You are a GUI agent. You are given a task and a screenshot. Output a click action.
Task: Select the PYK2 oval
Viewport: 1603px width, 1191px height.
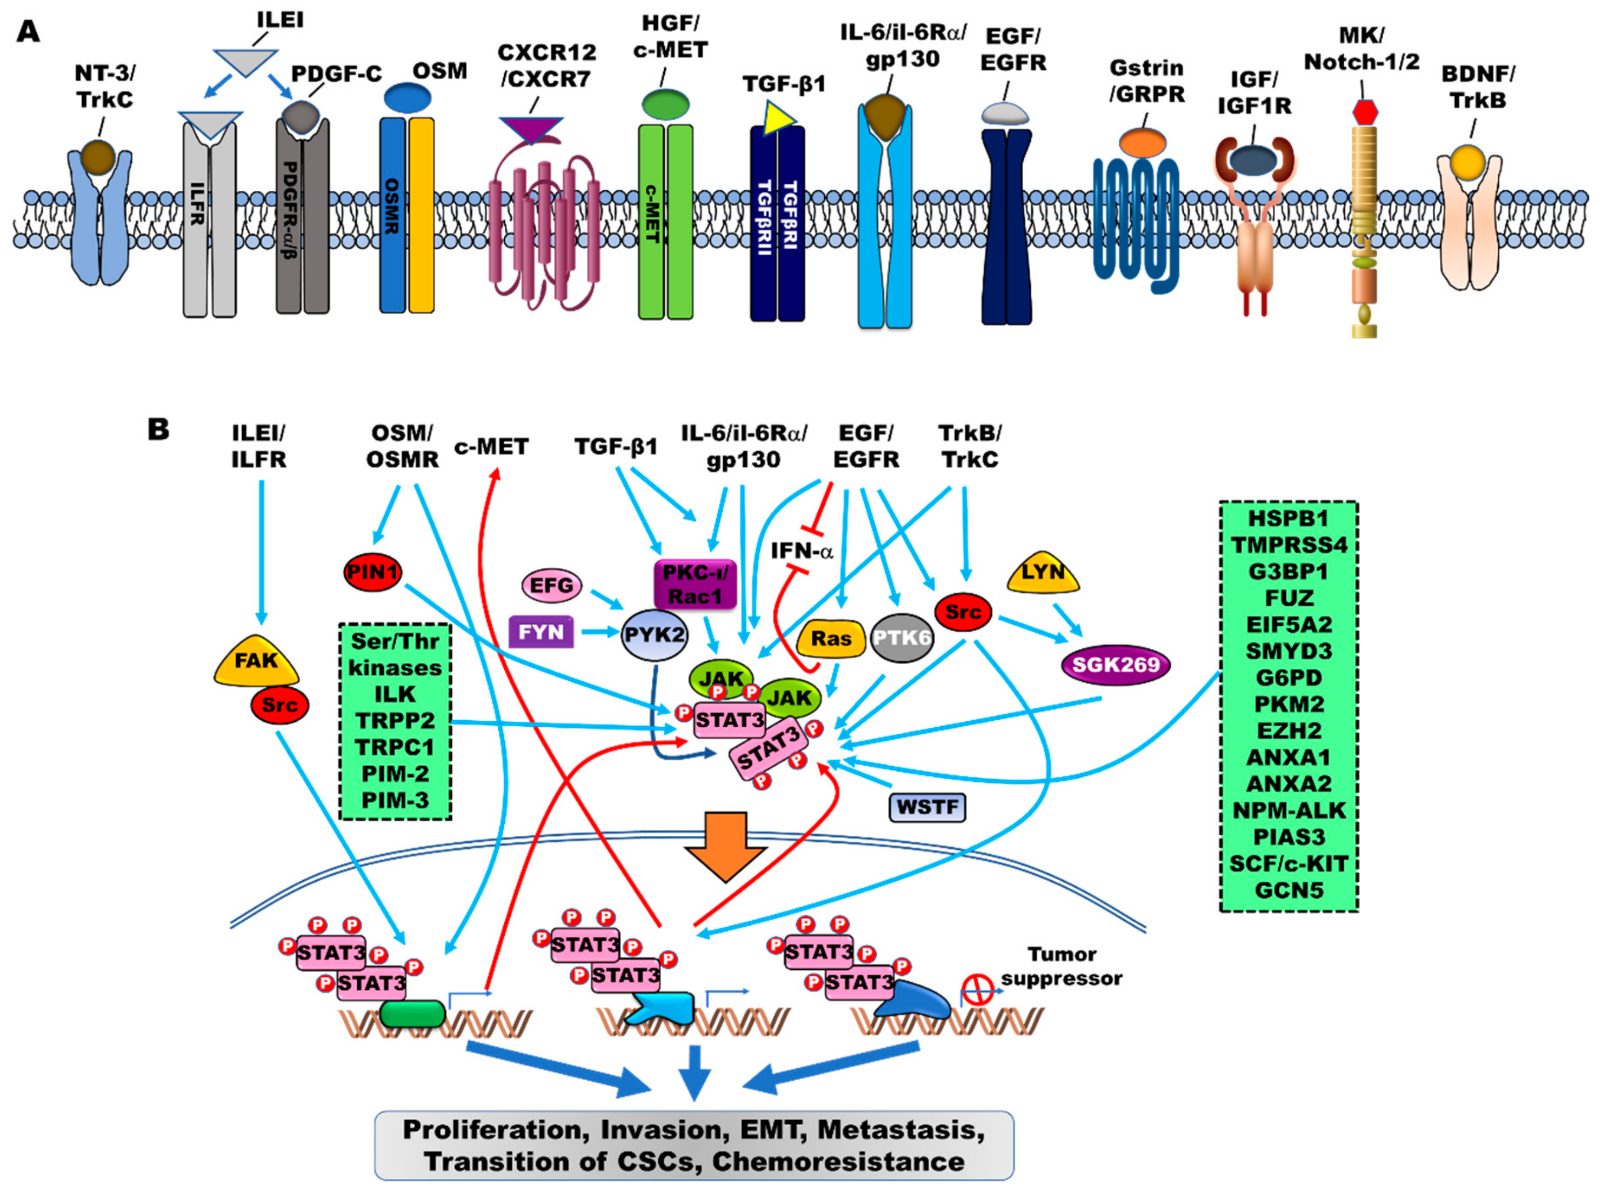coord(655,635)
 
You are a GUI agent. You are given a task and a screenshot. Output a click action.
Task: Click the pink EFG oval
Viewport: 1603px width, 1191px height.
coord(552,585)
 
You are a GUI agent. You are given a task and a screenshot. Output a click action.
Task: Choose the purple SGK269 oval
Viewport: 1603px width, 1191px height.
coord(1116,664)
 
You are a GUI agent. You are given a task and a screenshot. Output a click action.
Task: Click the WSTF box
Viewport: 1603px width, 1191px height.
coord(927,807)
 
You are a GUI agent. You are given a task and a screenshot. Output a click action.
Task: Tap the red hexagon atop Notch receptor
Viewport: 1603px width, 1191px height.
coord(1364,111)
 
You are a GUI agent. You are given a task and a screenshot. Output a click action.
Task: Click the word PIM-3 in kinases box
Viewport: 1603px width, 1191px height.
coord(395,800)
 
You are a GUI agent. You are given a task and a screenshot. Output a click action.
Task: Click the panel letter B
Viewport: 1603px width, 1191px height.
coord(159,430)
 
